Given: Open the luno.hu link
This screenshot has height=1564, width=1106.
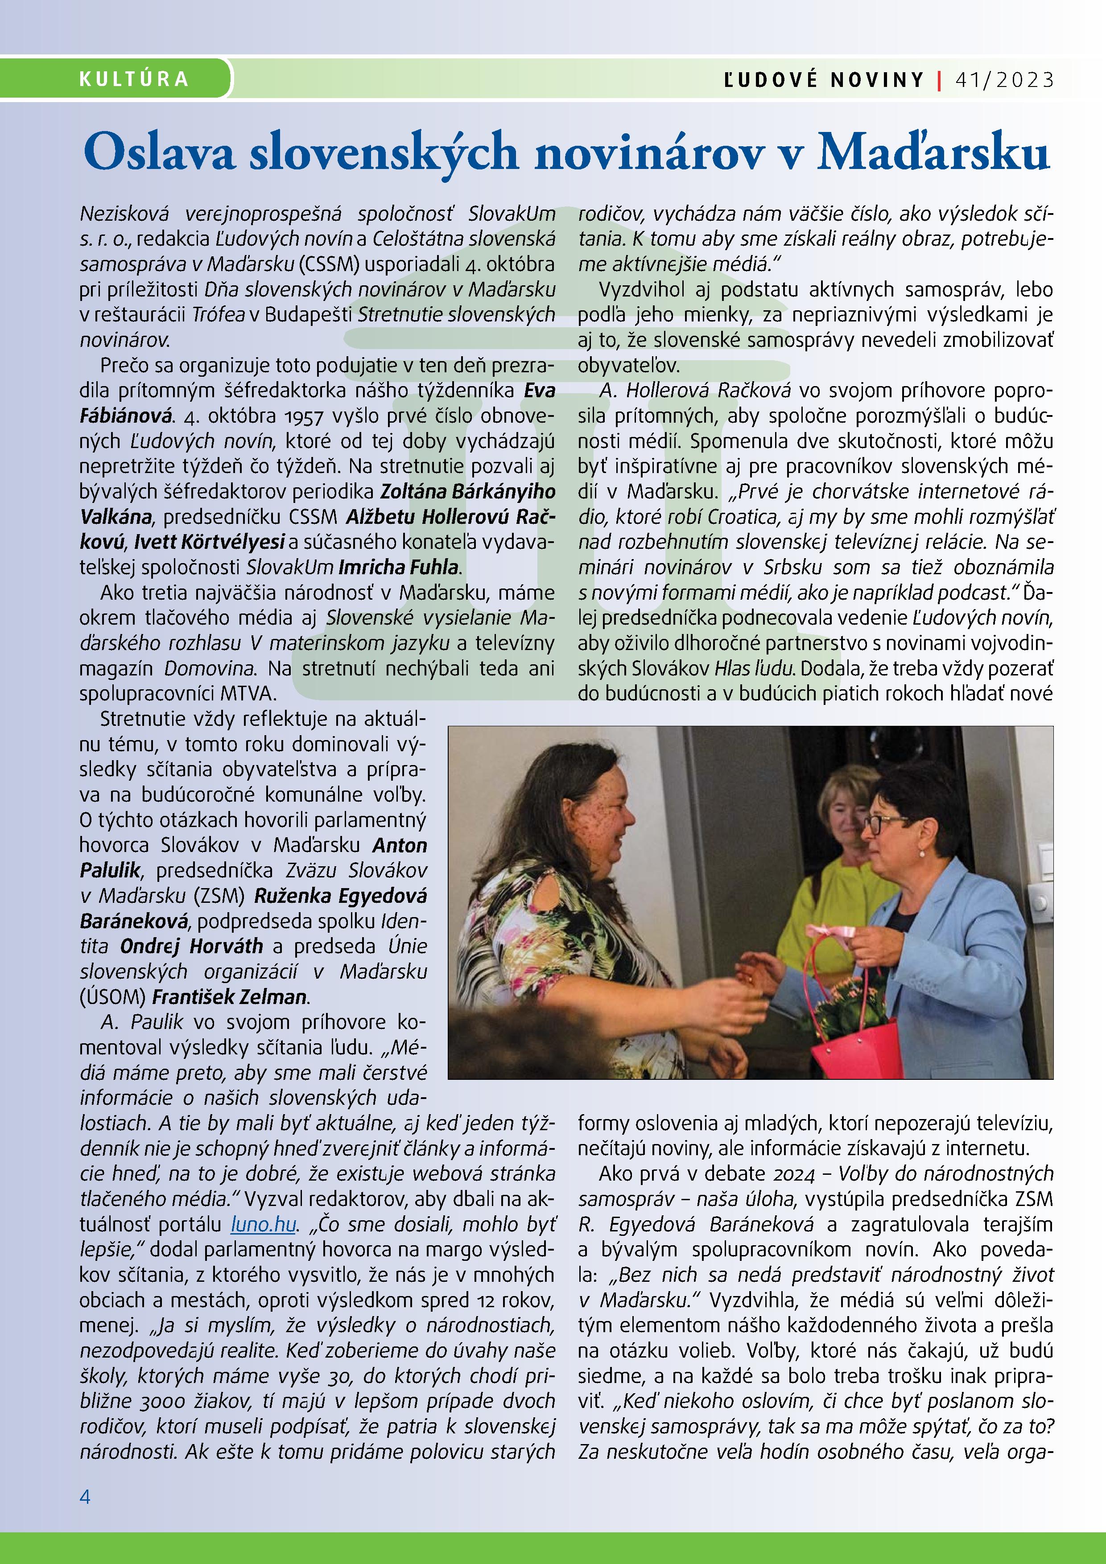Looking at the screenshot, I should click(x=263, y=1224).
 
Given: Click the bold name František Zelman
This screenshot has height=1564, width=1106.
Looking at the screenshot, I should click(x=229, y=996).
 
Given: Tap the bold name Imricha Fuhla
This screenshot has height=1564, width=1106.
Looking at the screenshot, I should click(x=399, y=567).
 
